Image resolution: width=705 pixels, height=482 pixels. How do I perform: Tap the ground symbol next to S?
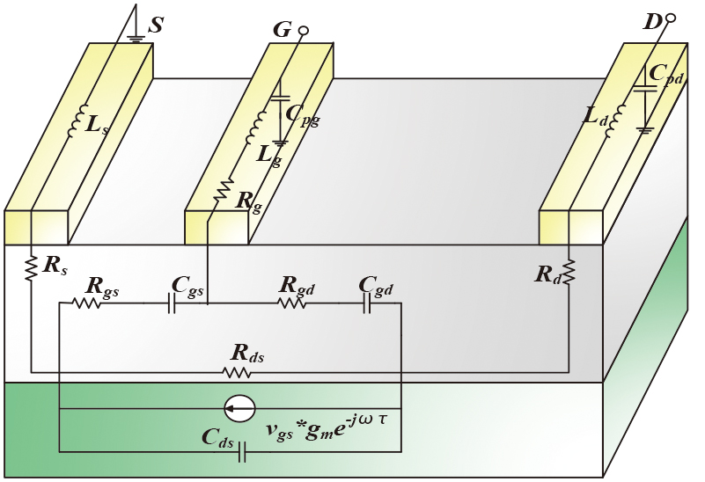tap(136, 39)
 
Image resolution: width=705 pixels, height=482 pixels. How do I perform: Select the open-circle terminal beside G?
tap(304, 31)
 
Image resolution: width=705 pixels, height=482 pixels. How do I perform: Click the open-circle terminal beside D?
tap(670, 18)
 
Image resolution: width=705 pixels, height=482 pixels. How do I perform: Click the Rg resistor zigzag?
tap(223, 190)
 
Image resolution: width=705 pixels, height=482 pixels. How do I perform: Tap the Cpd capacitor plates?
tap(645, 88)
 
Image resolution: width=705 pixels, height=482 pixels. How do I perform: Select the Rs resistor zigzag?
tap(31, 268)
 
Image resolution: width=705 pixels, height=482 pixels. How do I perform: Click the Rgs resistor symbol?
tap(86, 303)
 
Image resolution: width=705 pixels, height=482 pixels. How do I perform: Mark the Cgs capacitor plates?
tap(172, 303)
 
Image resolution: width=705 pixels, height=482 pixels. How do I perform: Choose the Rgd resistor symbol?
tap(293, 303)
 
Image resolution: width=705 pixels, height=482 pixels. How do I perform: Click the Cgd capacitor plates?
tap(367, 303)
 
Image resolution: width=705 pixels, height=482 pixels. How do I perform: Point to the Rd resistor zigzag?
tap(569, 272)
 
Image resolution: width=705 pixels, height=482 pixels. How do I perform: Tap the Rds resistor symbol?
tap(237, 372)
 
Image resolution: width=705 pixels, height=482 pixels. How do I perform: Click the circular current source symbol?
tap(239, 409)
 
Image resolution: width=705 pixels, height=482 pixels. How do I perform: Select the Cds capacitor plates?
tap(242, 452)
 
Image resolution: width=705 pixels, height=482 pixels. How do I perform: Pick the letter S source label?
tap(155, 25)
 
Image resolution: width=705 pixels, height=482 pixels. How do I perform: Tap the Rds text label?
tap(247, 353)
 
